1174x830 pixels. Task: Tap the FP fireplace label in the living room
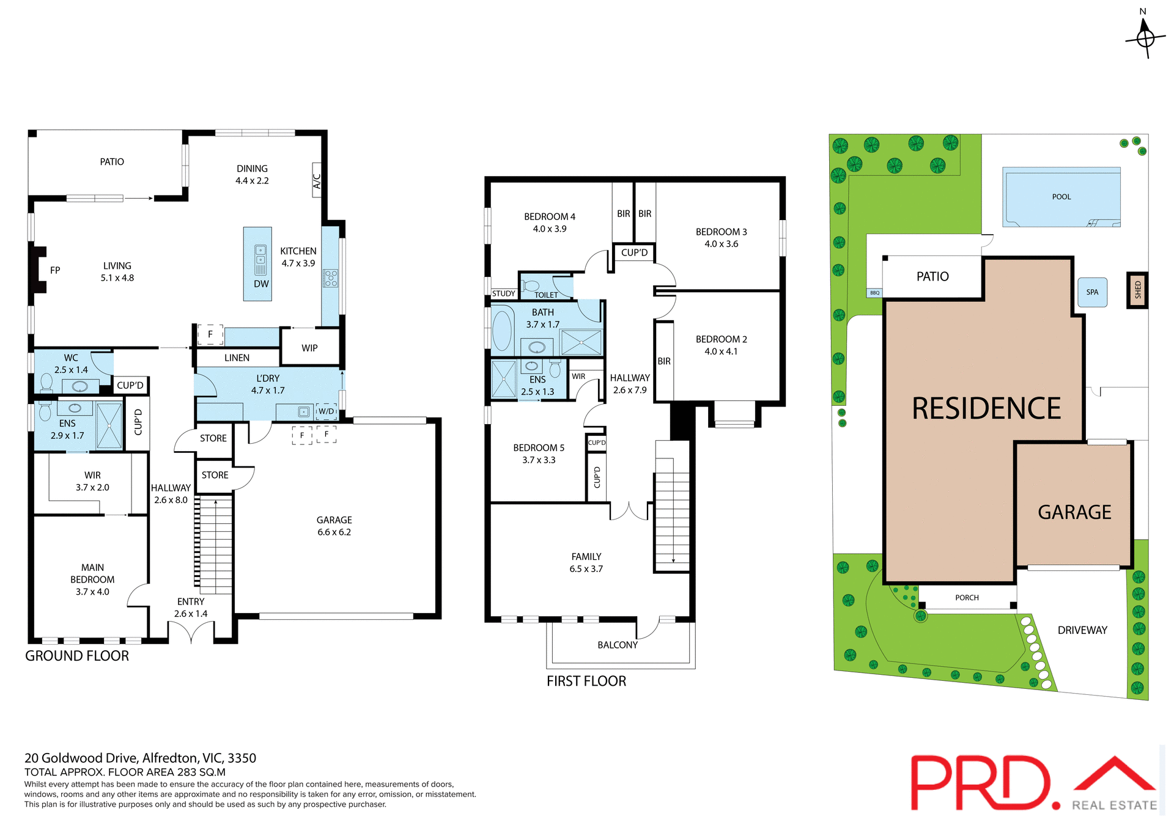click(x=55, y=270)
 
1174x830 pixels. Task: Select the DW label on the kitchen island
click(x=261, y=284)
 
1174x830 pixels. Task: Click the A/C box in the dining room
click(x=317, y=180)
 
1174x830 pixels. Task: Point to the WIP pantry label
click(x=309, y=348)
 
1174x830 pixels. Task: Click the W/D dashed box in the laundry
click(x=327, y=411)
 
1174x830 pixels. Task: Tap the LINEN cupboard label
click(x=237, y=358)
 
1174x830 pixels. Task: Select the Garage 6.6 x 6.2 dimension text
click(x=334, y=532)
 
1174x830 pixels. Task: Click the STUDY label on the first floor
click(x=504, y=293)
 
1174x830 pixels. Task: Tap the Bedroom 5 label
click(x=539, y=448)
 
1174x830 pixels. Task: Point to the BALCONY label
click(x=618, y=645)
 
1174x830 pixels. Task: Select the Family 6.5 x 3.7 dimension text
click(x=586, y=569)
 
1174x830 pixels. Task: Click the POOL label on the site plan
click(x=1061, y=197)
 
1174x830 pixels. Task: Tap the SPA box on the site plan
click(x=1092, y=292)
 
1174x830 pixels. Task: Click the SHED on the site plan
click(x=1137, y=290)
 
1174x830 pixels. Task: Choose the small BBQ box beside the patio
click(x=874, y=293)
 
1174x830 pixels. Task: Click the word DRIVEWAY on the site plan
click(x=1082, y=630)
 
